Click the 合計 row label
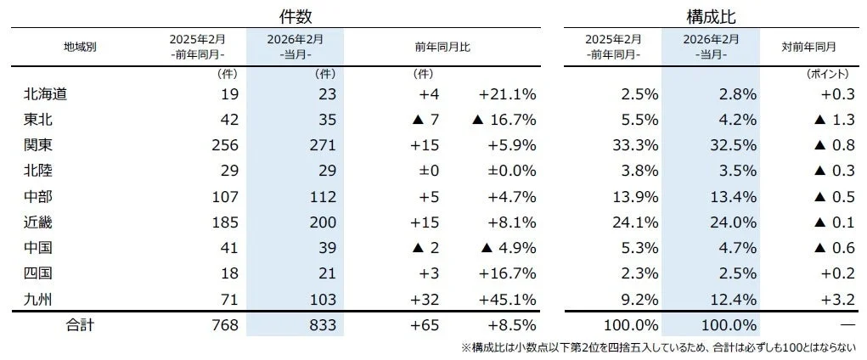point(80,325)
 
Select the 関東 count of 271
point(323,145)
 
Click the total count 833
point(323,325)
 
